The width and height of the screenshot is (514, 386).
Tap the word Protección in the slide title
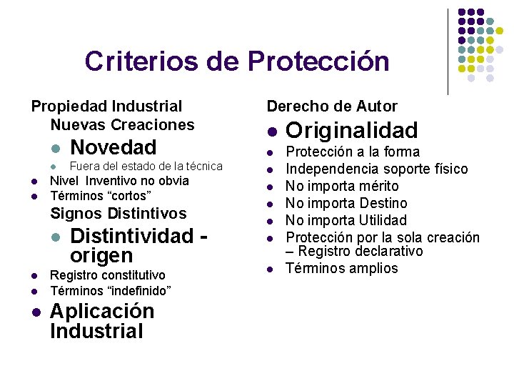click(x=318, y=61)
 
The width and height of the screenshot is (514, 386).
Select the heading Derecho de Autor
click(x=332, y=107)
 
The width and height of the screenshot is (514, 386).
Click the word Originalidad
click(x=351, y=131)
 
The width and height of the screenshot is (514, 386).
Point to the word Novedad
click(x=114, y=148)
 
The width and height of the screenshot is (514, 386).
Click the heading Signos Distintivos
click(x=119, y=213)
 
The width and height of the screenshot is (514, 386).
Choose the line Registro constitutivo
click(x=107, y=275)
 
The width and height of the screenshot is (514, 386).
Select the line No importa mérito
click(x=342, y=186)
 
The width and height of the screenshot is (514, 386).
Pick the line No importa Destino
click(x=346, y=203)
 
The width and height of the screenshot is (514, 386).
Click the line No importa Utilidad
click(x=346, y=220)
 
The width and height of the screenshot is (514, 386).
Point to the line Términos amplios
click(x=342, y=268)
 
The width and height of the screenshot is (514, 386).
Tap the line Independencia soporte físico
click(x=377, y=169)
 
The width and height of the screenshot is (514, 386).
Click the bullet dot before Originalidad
click(x=272, y=132)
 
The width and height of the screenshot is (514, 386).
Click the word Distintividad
click(x=132, y=236)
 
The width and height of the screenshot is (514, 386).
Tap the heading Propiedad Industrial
click(x=106, y=107)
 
